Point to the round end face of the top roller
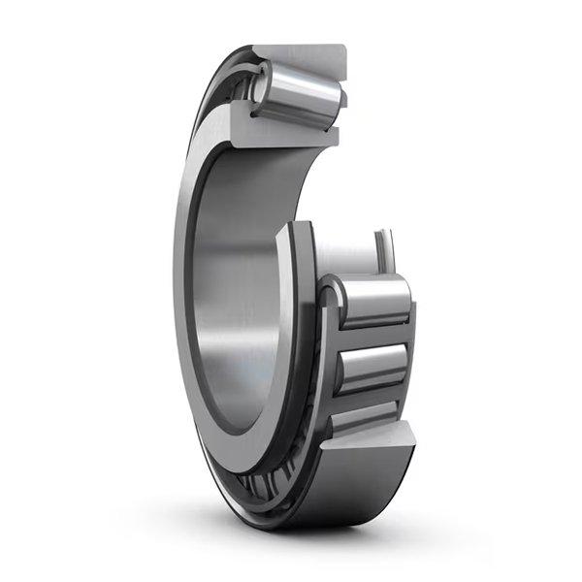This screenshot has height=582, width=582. click(x=260, y=84)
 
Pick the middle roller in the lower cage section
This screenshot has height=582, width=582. click(x=372, y=368)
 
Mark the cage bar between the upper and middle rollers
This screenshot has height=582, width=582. click(x=372, y=336)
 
